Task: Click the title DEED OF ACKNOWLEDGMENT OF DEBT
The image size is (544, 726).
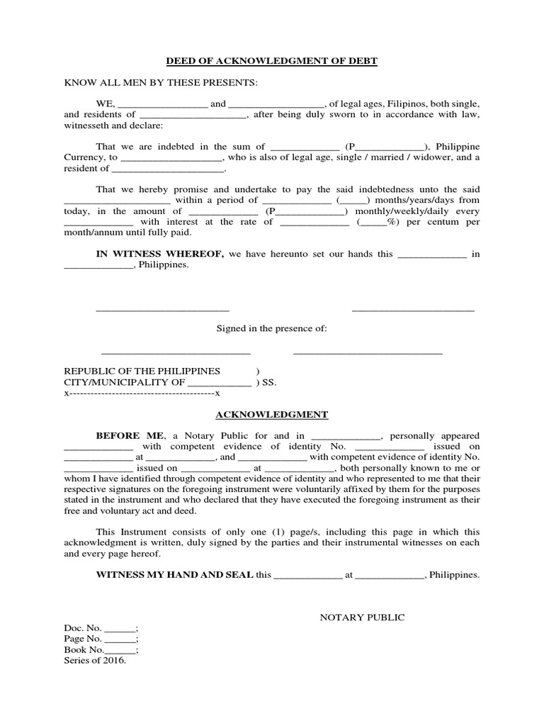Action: (271, 62)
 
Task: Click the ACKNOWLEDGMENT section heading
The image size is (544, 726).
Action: (271, 415)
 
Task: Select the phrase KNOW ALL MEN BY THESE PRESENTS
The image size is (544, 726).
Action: (161, 83)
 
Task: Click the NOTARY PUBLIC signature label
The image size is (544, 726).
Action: (362, 618)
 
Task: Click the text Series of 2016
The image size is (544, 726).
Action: (95, 661)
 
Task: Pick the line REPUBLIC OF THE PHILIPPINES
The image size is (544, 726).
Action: (142, 372)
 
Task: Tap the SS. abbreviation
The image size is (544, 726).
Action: (270, 383)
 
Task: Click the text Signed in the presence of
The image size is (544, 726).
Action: (271, 329)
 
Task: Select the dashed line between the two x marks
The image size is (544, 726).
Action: (142, 393)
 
